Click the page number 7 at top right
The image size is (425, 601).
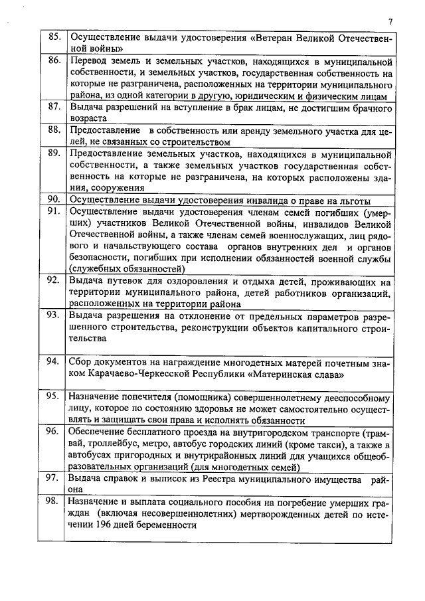[390, 21]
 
